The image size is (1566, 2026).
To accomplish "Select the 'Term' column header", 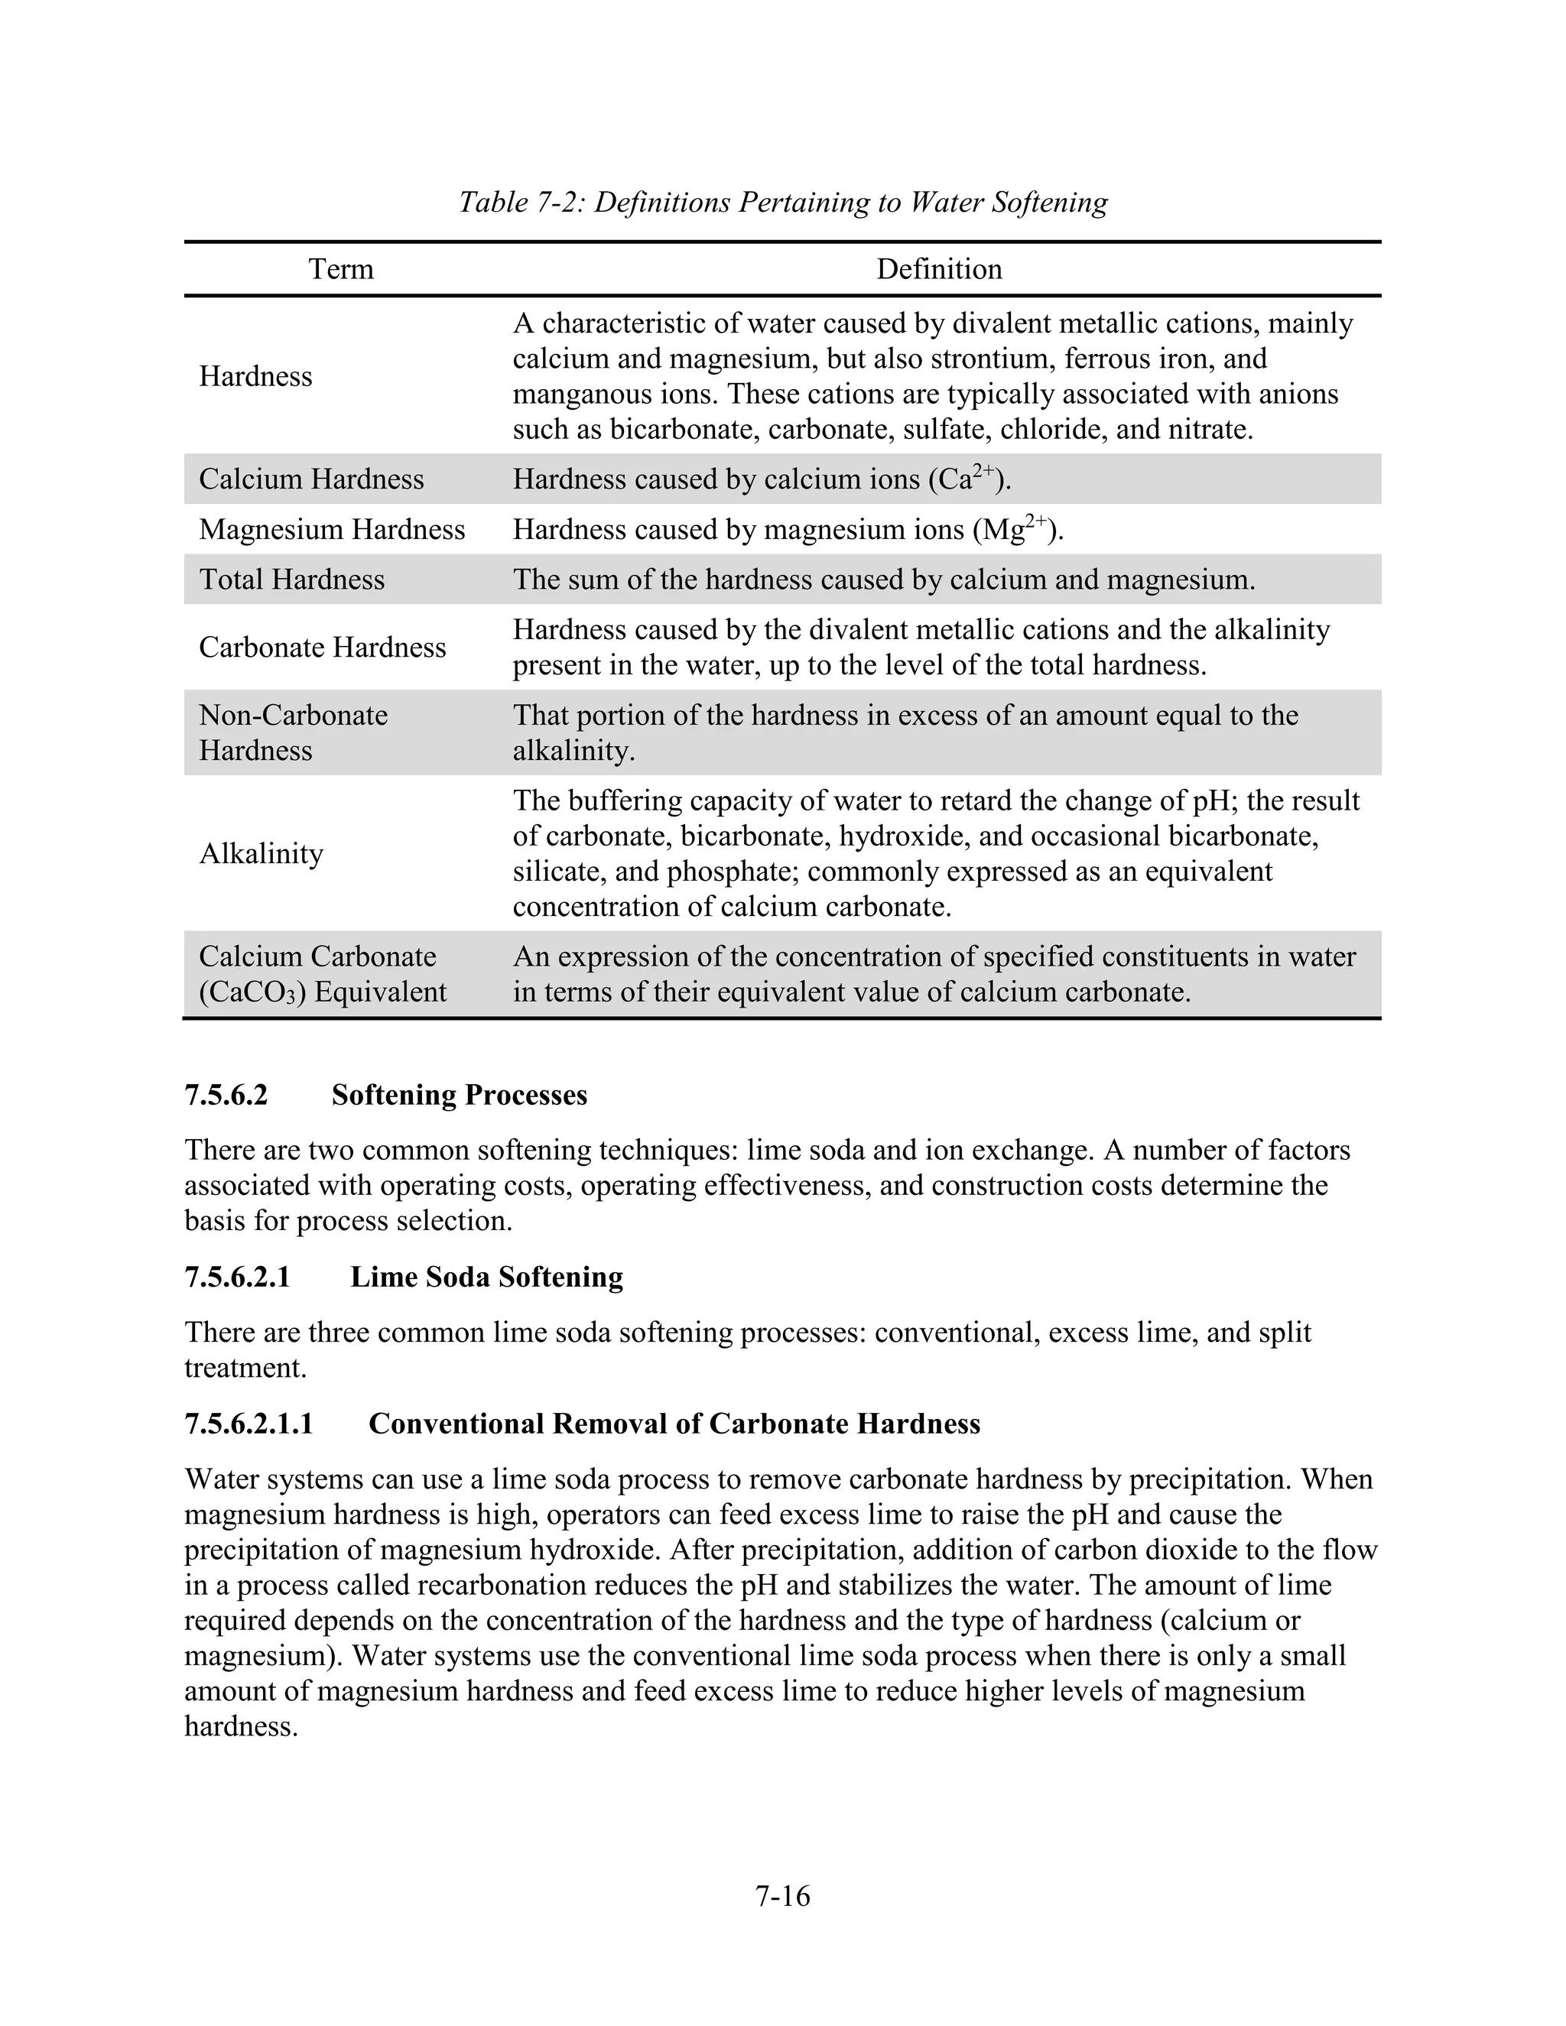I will point(340,269).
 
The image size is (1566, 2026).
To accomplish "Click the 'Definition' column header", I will point(939,269).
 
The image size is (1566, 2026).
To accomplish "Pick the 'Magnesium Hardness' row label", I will point(331,529).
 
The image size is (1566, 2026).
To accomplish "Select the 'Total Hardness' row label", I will point(291,579).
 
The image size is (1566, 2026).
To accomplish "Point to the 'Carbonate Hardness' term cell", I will point(322,647).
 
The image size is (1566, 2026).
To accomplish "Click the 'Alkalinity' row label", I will point(261,852).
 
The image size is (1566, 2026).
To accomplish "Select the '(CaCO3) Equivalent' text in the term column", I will point(322,992).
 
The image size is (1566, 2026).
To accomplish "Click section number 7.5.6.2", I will point(226,1095).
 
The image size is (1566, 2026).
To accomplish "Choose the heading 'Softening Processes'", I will point(460,1095).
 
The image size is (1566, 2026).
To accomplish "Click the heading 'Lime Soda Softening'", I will point(486,1277).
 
